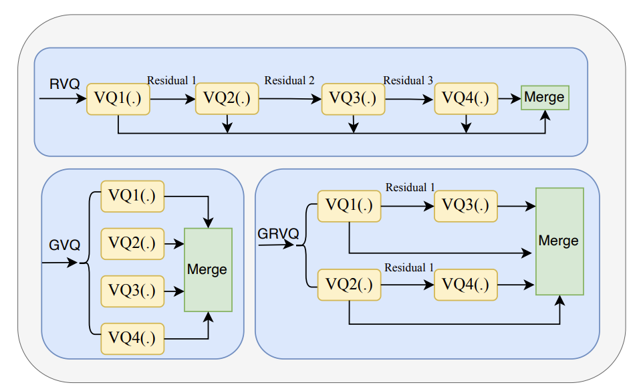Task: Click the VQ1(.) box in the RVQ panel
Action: point(118,99)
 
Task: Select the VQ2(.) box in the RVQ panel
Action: point(227,99)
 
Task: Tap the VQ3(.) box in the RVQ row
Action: point(353,99)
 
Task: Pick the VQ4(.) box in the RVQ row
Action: point(466,99)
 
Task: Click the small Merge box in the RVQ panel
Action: point(544,98)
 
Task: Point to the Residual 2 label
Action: point(289,81)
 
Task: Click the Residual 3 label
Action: point(408,81)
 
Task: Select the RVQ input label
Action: point(64,84)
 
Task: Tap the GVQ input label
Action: point(65,245)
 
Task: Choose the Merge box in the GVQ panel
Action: point(208,270)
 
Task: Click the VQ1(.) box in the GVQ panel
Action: point(132,196)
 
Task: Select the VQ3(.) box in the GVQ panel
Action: point(132,291)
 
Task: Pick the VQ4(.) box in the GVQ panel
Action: point(132,338)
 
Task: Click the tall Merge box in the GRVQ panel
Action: point(559,241)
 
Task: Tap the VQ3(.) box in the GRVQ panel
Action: point(466,206)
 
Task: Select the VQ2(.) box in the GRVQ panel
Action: point(349,284)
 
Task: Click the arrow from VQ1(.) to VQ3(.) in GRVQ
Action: point(408,206)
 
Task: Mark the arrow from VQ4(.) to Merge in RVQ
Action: point(509,99)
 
